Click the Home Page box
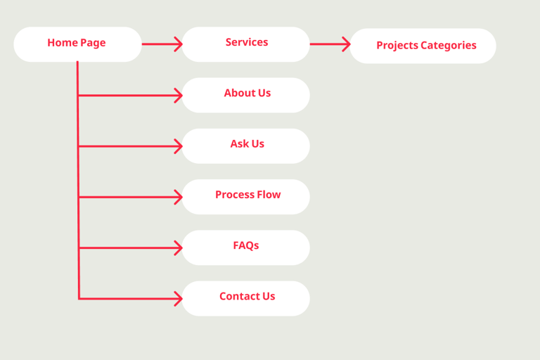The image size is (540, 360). [x=77, y=44]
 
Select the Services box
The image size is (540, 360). [x=246, y=44]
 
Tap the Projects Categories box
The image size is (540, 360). [x=423, y=46]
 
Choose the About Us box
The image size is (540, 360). [x=246, y=95]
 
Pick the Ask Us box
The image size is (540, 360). [x=246, y=146]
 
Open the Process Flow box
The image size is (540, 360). [x=246, y=197]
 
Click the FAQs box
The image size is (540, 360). [x=246, y=247]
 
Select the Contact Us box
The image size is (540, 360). [x=246, y=298]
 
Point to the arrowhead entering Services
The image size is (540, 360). [x=179, y=44]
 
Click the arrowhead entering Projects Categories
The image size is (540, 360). [x=347, y=44]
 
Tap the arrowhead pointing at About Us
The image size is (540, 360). [x=179, y=96]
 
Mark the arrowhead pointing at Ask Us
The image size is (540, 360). [x=179, y=146]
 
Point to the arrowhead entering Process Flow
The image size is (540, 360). [x=179, y=197]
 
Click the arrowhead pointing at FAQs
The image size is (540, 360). [x=179, y=248]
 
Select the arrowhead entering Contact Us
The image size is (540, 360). [x=179, y=299]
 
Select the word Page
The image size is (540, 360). [x=93, y=43]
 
